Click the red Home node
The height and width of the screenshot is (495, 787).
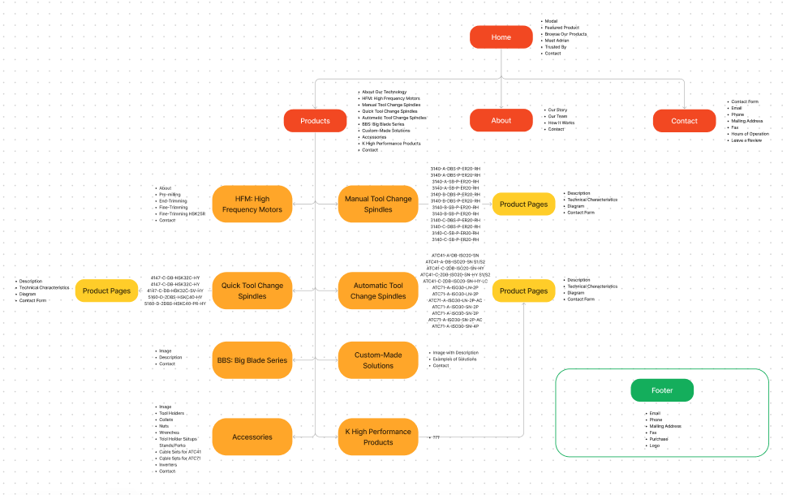501,37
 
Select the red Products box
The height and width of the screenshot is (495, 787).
315,121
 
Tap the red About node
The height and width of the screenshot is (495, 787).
501,121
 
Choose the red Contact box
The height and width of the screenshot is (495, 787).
684,121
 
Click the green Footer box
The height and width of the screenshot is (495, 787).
662,390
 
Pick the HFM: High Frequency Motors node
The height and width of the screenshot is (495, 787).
252,204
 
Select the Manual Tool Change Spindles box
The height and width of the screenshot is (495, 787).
378,204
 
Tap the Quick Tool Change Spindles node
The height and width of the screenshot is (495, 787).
252,291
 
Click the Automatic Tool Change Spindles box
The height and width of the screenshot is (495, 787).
378,291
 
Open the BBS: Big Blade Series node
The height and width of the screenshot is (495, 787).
252,360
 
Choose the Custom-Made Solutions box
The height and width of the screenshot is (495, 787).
378,360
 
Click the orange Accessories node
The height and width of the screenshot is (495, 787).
252,437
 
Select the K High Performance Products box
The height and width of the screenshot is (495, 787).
378,437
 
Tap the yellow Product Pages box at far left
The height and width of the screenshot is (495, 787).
107,291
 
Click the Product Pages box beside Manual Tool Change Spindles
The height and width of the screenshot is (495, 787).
523,204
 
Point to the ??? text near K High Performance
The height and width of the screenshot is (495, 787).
437,437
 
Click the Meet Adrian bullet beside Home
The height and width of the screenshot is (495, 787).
557,41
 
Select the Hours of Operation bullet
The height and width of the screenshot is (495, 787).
750,134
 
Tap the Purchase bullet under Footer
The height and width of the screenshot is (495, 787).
659,439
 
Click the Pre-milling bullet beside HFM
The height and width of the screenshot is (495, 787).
170,195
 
